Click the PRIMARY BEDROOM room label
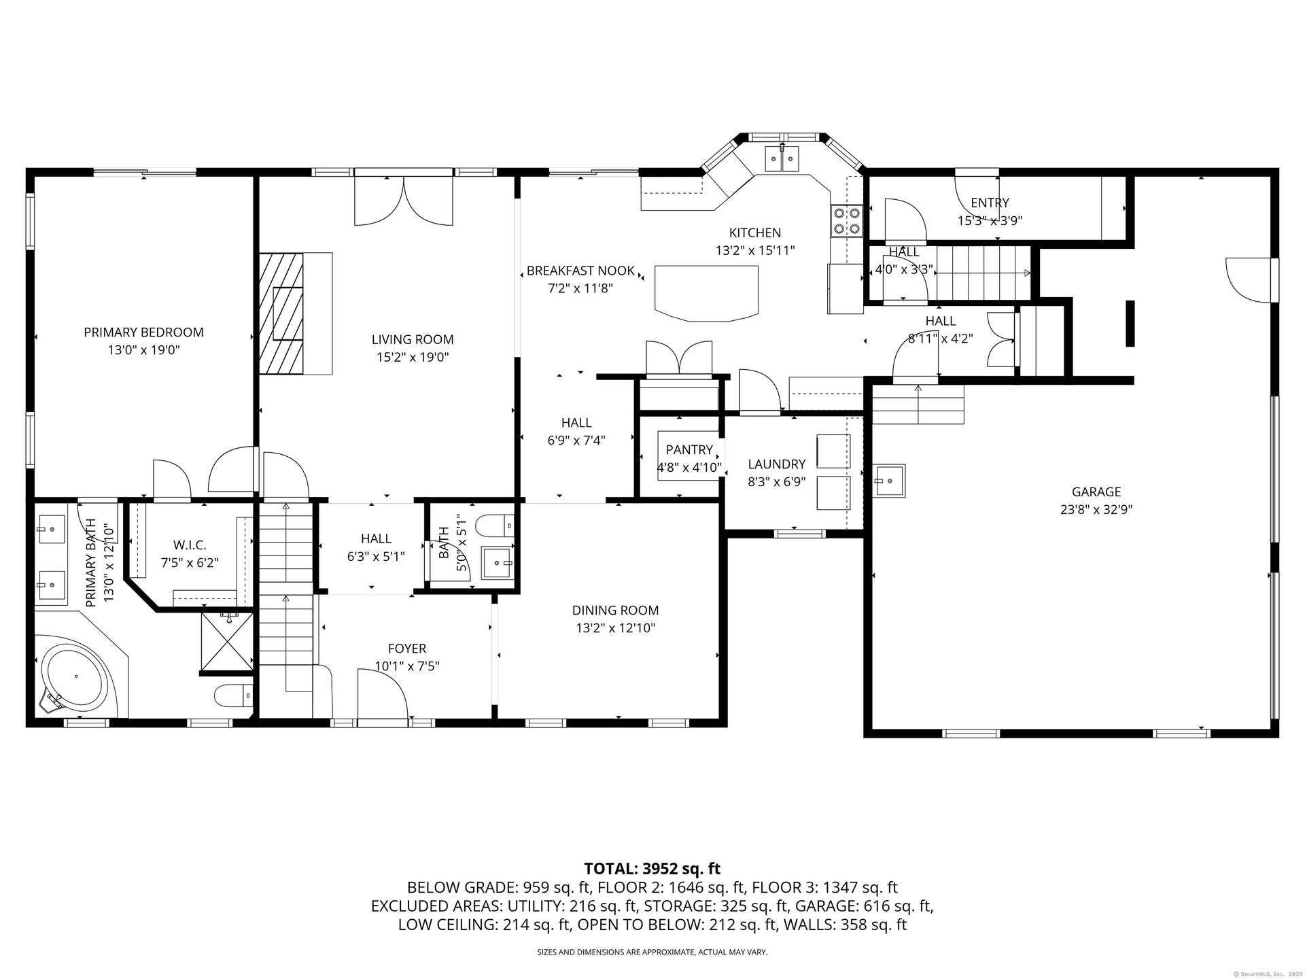point(143,332)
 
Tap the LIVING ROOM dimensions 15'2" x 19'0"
point(413,357)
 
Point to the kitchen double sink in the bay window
point(782,159)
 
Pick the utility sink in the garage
point(890,481)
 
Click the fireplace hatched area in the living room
point(281,313)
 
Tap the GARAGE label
point(1096,492)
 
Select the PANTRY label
point(689,449)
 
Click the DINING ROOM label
point(615,611)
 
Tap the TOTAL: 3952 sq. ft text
point(652,868)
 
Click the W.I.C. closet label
point(190,545)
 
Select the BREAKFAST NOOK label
point(580,271)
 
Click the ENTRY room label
point(990,203)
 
